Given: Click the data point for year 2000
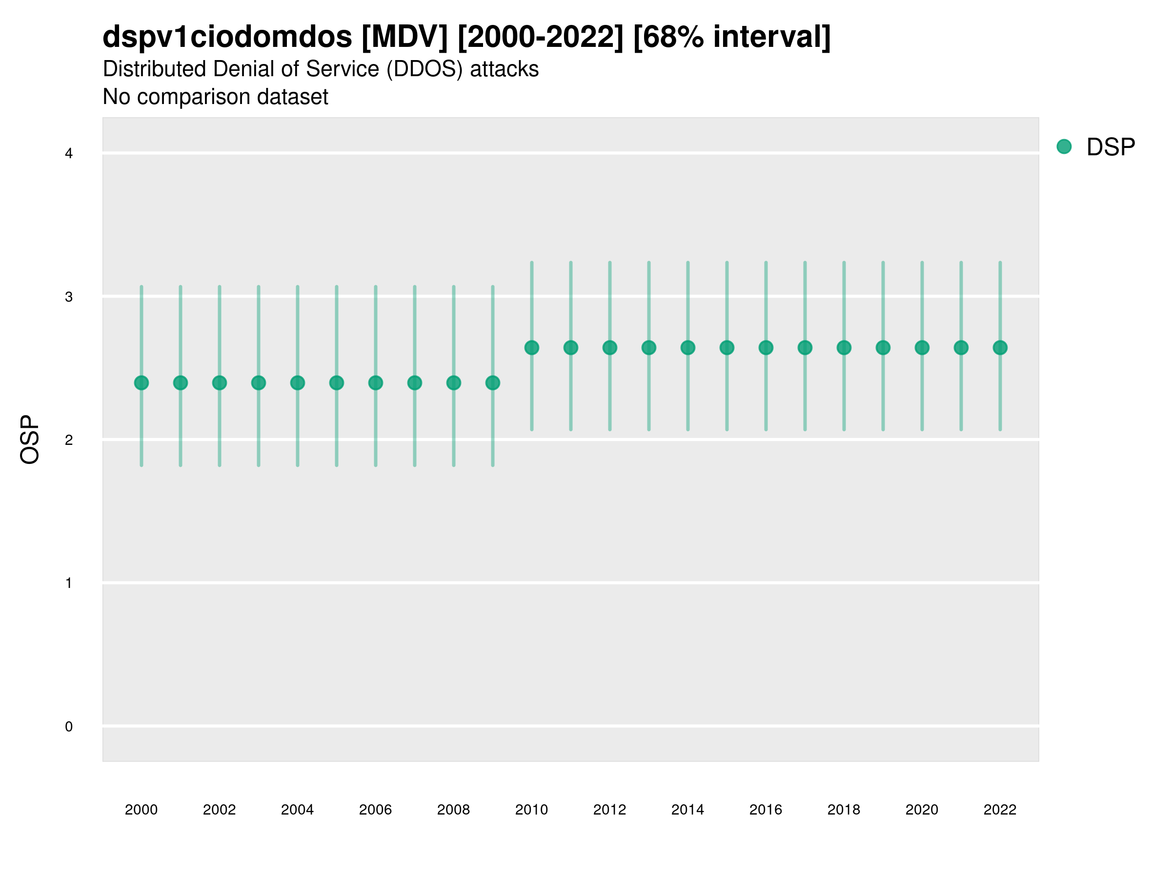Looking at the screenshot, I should point(141,382).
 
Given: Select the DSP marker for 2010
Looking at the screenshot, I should point(531,348).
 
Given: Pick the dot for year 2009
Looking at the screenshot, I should point(493,382).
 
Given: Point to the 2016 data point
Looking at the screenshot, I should point(766,348).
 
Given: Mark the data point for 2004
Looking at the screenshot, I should point(298,382).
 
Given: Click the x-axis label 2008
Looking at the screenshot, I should point(453,810).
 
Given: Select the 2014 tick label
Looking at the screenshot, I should point(687,810).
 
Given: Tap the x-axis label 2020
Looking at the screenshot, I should point(922,810).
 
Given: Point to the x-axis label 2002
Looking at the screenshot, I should point(219,810).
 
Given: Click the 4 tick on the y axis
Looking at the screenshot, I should point(69,154).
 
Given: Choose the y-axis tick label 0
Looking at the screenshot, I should point(69,727).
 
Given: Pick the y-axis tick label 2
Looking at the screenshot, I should point(69,440).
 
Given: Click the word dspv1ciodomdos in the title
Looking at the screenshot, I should point(227,37).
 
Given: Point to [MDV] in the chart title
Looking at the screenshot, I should point(405,37).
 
